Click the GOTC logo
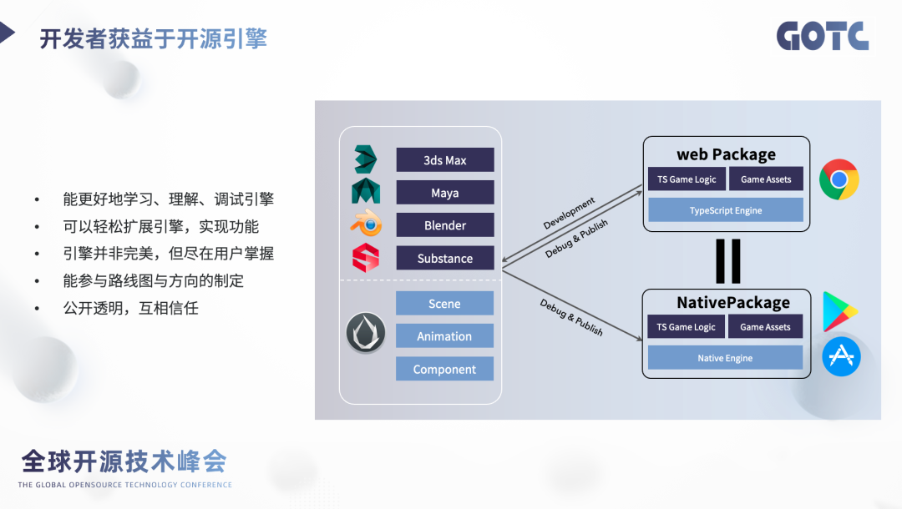(822, 36)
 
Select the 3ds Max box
(444, 160)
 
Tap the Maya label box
(444, 193)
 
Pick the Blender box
(444, 225)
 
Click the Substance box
(444, 259)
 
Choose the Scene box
(444, 304)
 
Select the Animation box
(444, 336)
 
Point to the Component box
(444, 369)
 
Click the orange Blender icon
(366, 224)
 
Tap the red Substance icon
(366, 258)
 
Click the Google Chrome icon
(839, 179)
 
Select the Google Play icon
(839, 312)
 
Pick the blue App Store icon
(840, 356)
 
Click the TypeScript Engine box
(725, 210)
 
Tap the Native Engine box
(725, 358)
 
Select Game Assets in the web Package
(765, 179)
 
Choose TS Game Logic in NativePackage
(686, 327)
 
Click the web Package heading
(726, 154)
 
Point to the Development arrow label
(569, 213)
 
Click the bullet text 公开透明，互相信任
(130, 308)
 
